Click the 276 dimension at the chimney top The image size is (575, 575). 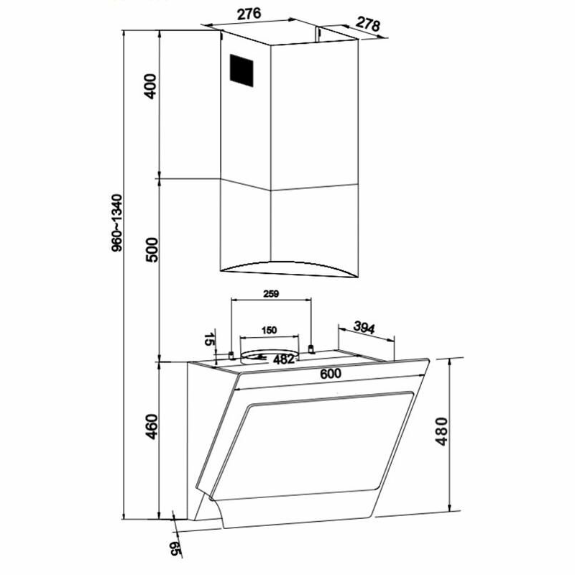click(x=249, y=14)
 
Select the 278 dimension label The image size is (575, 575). click(x=368, y=24)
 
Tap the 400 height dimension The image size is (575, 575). click(x=150, y=86)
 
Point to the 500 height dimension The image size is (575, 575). click(x=152, y=249)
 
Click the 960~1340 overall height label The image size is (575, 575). click(x=116, y=223)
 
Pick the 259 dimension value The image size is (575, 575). click(x=271, y=294)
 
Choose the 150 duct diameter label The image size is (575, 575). click(x=269, y=330)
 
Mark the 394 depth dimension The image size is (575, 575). click(x=364, y=327)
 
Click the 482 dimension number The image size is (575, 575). click(x=284, y=359)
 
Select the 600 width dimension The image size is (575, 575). click(x=331, y=374)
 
